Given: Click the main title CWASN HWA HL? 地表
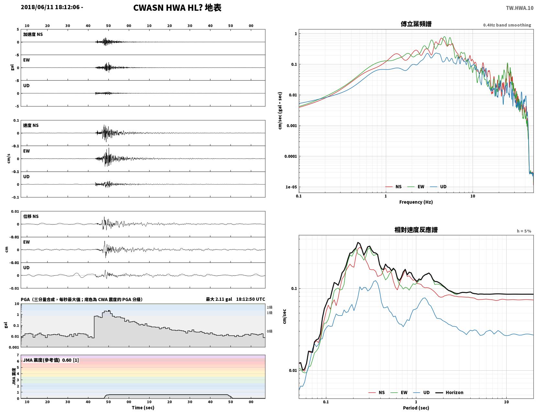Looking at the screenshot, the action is pos(177,8).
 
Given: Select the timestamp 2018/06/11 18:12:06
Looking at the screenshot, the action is pos(50,7).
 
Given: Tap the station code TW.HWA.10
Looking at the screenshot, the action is pos(520,8).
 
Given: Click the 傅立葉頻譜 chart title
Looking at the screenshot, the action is pos(416,24).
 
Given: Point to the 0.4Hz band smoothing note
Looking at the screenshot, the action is pos(507,25).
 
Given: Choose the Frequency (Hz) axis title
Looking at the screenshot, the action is pos(416,202).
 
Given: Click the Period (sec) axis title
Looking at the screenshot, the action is pos(416,408).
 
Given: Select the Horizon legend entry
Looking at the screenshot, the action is pos(449,392).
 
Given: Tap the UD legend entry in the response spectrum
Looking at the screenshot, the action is pos(421,392).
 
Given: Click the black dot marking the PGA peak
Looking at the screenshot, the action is pos(109,311).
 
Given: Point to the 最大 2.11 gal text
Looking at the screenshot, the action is pos(219,299).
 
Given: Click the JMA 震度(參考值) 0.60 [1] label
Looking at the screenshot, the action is pos(51,360).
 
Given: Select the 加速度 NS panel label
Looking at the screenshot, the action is pos(33,34).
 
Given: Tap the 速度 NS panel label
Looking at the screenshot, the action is pos(31,125).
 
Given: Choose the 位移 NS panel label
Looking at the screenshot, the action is pos(31,216).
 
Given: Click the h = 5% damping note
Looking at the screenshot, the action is pos(524,231).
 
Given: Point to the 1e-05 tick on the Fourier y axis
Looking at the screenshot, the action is pos(291,187).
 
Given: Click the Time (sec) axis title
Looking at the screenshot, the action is pos(143,407).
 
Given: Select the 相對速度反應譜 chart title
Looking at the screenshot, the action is pos(416,230).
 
